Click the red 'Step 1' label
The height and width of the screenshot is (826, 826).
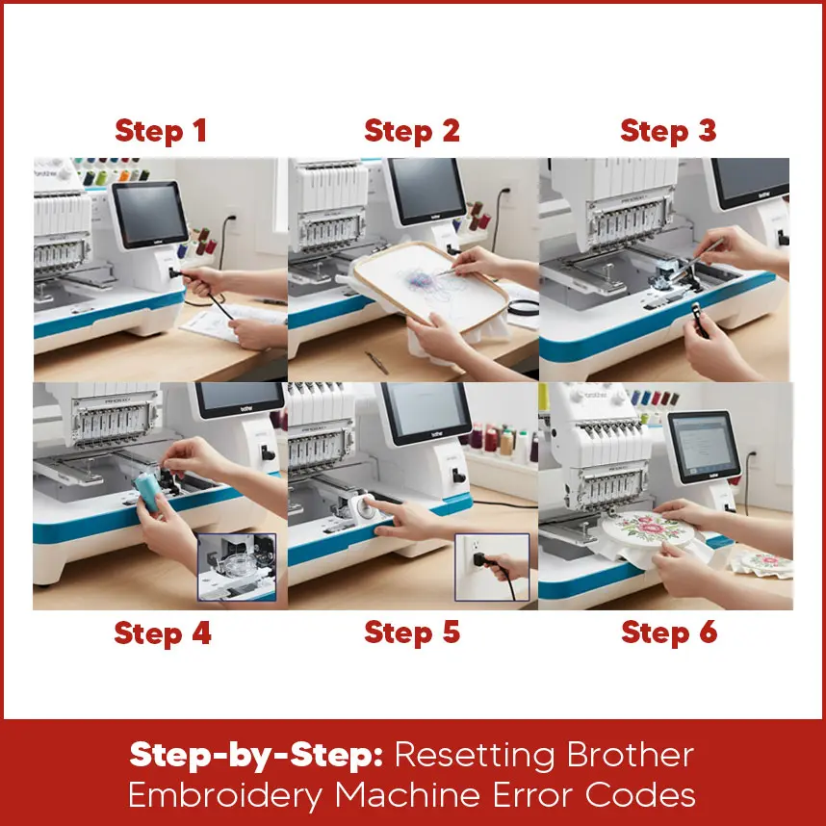click(x=161, y=131)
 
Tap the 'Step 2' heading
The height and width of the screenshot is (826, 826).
click(x=412, y=131)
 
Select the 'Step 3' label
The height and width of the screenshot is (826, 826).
click(x=668, y=131)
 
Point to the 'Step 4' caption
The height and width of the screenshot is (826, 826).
click(x=162, y=632)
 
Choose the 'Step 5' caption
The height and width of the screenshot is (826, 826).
click(x=412, y=632)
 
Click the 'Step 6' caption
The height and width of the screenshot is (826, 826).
click(x=669, y=632)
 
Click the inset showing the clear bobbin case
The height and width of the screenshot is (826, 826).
click(x=236, y=567)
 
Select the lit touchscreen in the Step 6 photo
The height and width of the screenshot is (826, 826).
click(x=703, y=448)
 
